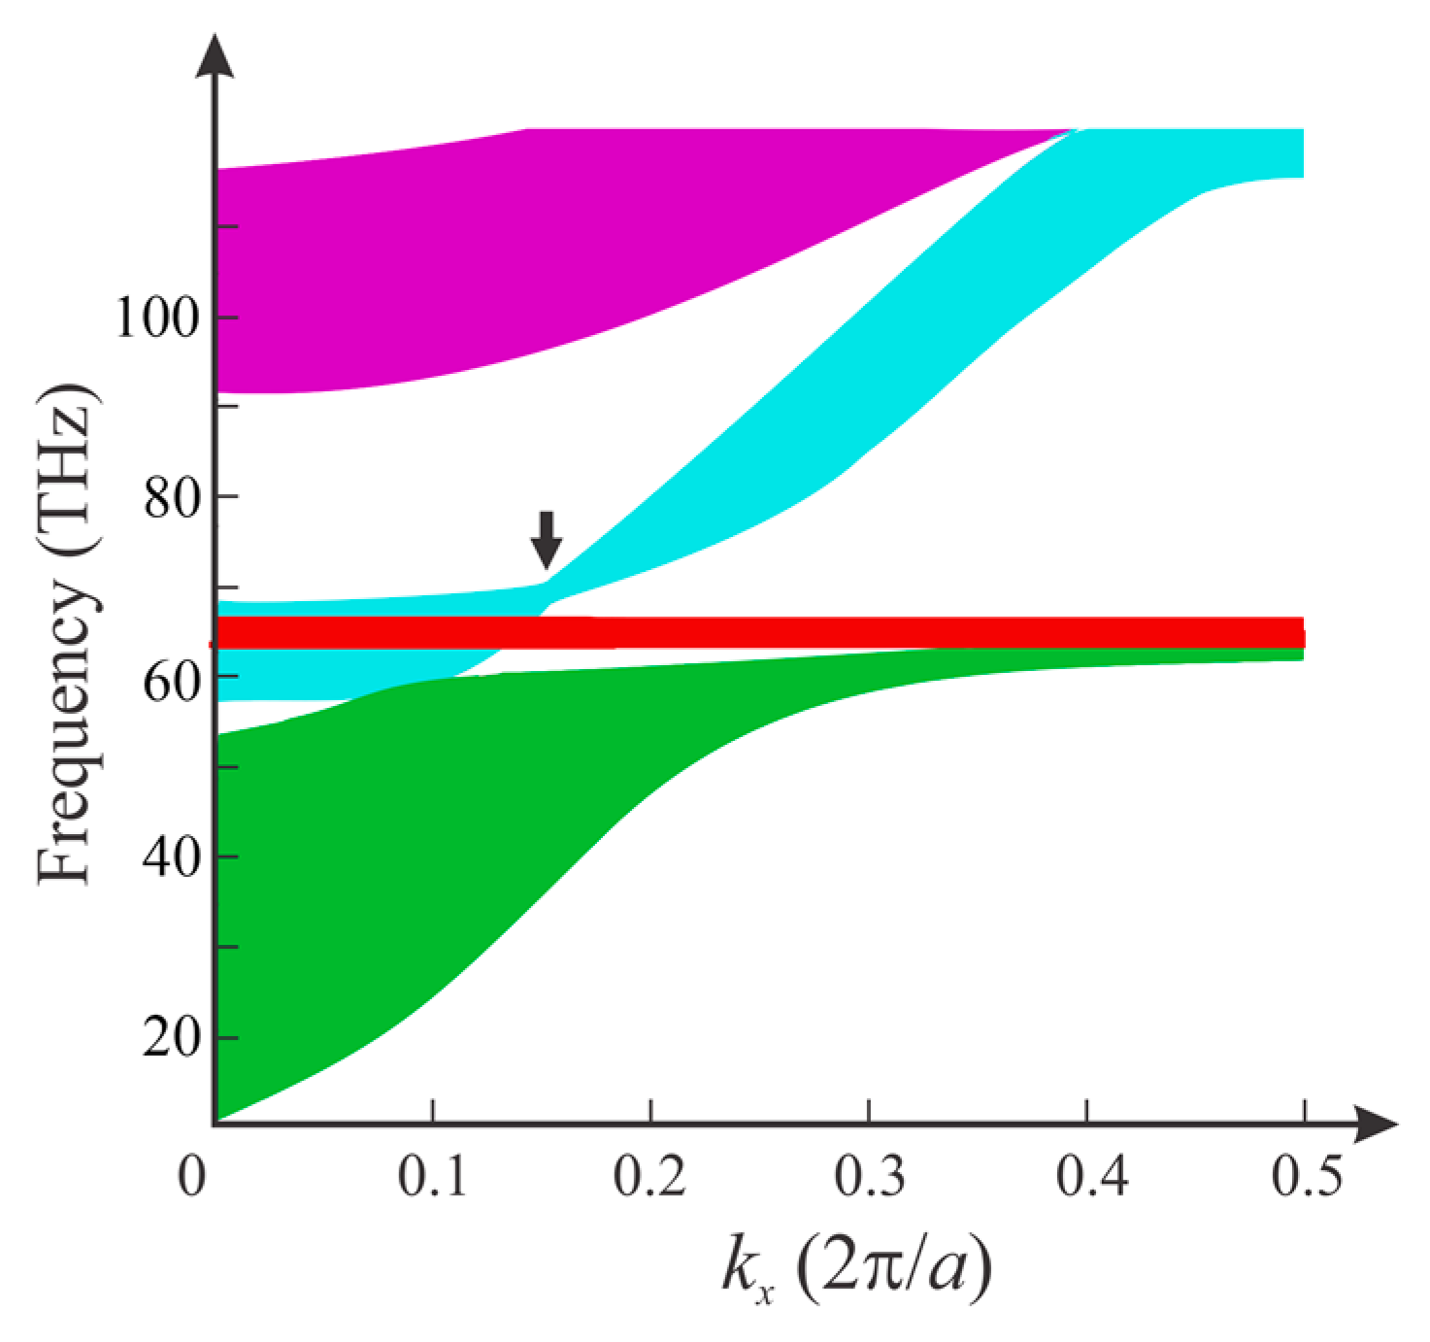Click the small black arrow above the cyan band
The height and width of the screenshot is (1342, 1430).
click(547, 540)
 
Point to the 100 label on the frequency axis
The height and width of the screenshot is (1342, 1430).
click(156, 317)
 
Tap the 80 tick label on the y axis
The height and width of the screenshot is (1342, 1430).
click(171, 497)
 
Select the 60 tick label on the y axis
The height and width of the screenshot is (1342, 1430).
click(171, 681)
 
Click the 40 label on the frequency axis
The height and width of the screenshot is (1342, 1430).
click(171, 857)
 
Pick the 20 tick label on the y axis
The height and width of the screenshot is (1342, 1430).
click(171, 1038)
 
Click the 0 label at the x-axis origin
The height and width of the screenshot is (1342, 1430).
click(192, 1176)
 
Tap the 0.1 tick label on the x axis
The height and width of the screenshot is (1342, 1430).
click(432, 1176)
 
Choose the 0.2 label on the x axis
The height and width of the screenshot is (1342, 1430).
click(649, 1176)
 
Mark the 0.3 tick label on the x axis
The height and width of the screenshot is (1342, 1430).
click(869, 1176)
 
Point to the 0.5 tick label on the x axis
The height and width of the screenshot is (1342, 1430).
click(1307, 1176)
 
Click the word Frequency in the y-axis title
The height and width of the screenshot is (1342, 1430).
click(66, 728)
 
